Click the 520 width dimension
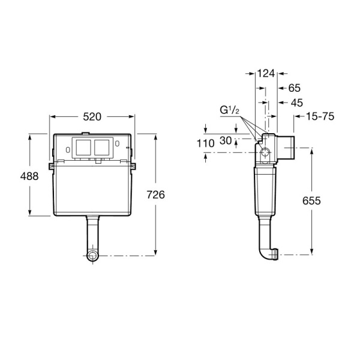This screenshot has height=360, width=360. tap(92, 117)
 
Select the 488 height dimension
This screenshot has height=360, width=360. tap(29, 176)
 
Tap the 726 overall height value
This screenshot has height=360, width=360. tap(155, 194)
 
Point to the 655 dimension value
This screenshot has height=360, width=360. tap(311, 200)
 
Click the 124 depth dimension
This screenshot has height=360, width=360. tap(266, 73)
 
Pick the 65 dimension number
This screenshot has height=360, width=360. tap(295, 88)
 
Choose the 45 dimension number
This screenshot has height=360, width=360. tap(297, 103)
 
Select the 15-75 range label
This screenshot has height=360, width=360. tap(320, 116)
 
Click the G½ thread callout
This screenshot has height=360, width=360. tap(229, 110)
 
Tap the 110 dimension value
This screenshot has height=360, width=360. tap(205, 144)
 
